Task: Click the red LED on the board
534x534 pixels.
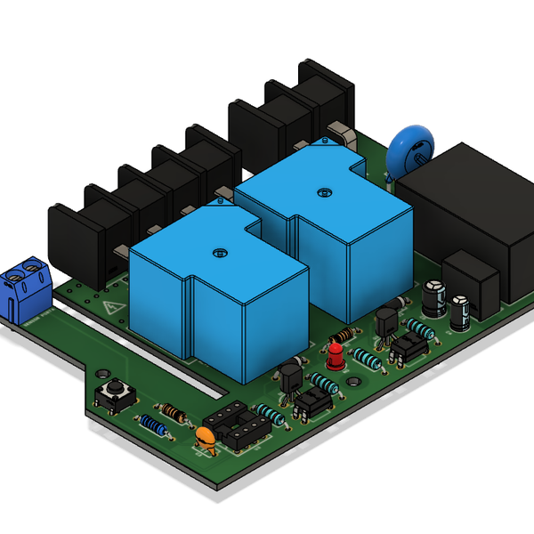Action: (336, 357)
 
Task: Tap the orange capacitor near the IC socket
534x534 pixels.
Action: (205, 437)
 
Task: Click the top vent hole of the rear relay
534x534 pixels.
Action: (322, 190)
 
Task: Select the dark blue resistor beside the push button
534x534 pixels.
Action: (153, 425)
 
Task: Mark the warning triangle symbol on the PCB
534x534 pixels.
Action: (113, 310)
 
